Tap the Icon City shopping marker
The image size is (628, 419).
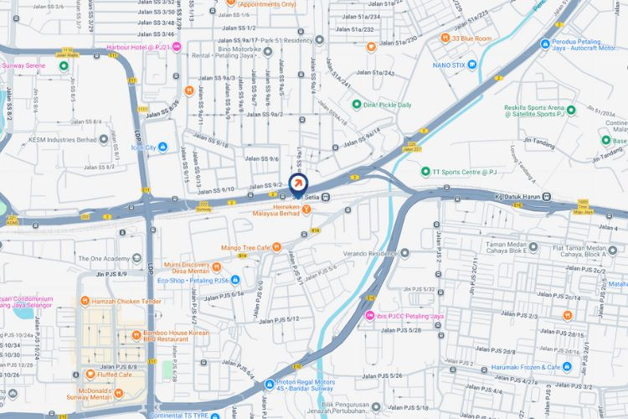[163, 148]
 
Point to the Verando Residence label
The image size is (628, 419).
[369, 252]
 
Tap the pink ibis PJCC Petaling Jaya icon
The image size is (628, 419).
[371, 316]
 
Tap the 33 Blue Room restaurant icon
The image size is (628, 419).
[445, 38]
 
